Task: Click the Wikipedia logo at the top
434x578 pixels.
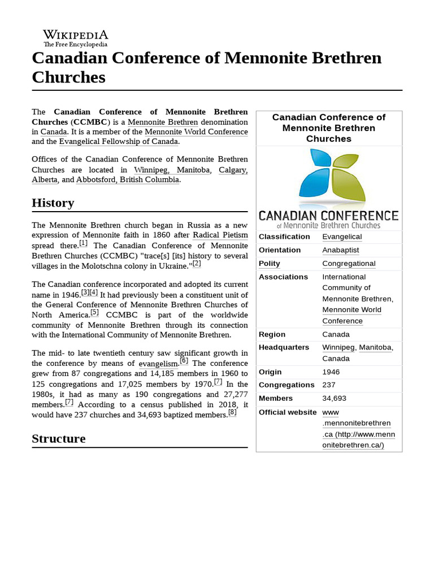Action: (x=75, y=38)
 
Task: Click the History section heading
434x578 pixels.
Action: (x=53, y=203)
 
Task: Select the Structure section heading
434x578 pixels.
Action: (x=59, y=439)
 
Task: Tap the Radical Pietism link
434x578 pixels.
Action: (x=220, y=235)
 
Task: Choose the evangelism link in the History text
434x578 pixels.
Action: (x=158, y=364)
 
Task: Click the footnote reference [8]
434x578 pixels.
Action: (x=232, y=413)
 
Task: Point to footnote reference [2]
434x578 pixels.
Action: (x=197, y=264)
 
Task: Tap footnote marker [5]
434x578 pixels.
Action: (x=94, y=313)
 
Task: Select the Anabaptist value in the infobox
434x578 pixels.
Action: (x=340, y=250)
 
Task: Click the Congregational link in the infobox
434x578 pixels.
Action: (x=349, y=264)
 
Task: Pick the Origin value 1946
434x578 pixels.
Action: (x=331, y=372)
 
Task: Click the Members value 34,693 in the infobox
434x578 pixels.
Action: (x=334, y=399)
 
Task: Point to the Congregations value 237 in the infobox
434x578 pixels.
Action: (x=328, y=385)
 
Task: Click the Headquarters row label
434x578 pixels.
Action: (x=284, y=347)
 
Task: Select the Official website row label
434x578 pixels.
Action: (x=287, y=412)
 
